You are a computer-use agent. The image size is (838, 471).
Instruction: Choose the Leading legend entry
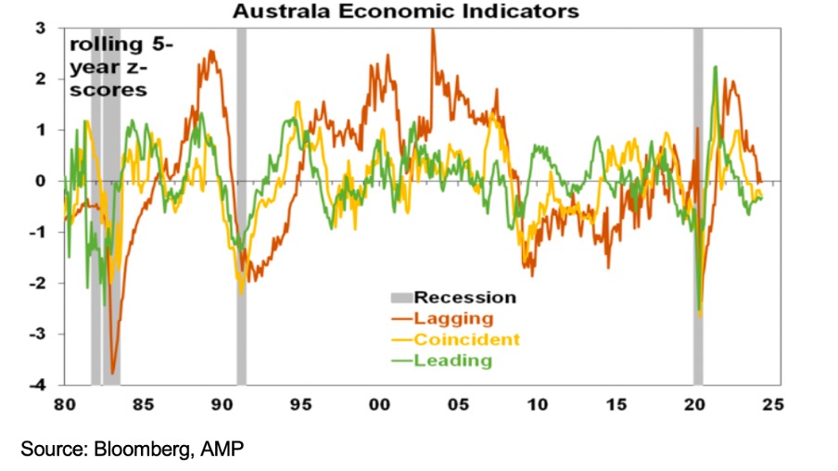coord(452,361)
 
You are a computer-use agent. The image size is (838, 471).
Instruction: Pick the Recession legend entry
coord(463,298)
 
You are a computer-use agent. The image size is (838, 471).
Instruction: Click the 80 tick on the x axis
coord(64,405)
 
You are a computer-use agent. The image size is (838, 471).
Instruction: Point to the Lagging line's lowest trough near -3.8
coord(113,372)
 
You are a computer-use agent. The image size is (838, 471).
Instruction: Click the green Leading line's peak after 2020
coord(716,68)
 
